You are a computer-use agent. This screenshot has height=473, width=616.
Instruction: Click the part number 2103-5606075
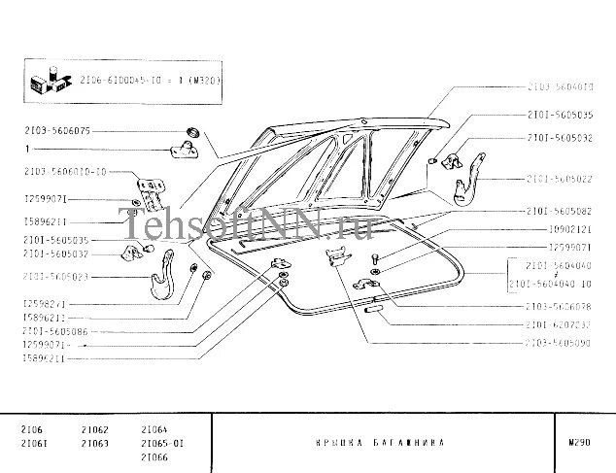pos(58,129)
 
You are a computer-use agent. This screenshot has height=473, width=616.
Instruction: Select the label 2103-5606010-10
pos(65,172)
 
